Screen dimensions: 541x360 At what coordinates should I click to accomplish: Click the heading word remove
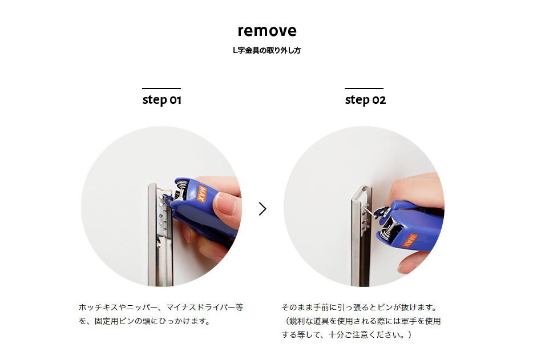tap(267, 31)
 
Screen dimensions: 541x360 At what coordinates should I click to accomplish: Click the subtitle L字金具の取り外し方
tap(267, 50)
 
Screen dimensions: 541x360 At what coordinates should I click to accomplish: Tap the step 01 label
tap(162, 100)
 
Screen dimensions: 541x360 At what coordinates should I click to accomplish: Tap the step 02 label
tap(365, 100)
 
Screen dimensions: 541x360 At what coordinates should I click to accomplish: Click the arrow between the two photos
tap(263, 209)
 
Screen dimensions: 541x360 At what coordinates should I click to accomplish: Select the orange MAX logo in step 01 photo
tap(201, 193)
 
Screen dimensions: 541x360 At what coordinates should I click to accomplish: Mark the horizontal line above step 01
tap(162, 88)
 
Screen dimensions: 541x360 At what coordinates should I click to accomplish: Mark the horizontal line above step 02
tap(364, 88)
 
